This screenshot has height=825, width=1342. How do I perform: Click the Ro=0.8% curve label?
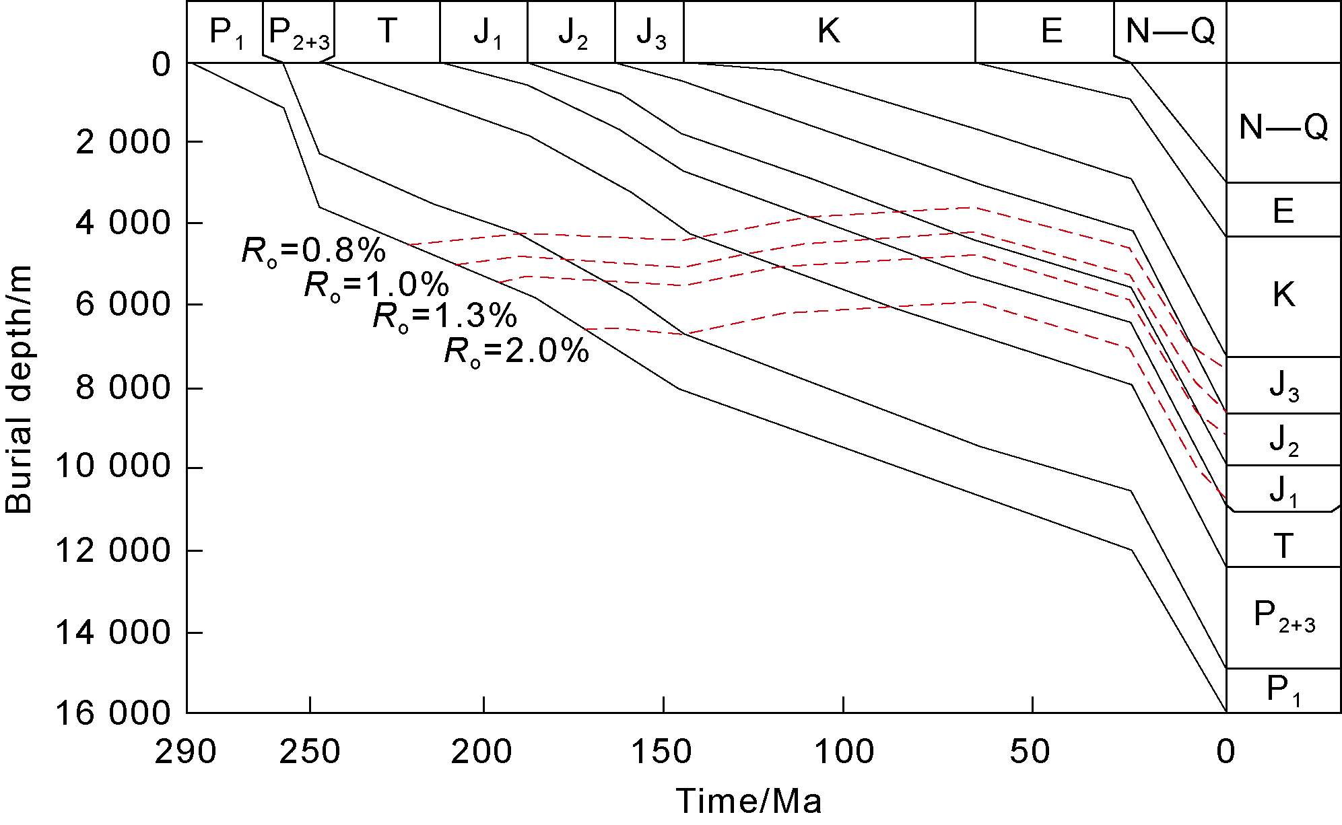[x=314, y=252]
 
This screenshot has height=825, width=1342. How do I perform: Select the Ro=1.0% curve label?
[x=376, y=285]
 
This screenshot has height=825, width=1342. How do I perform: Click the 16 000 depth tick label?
[x=112, y=714]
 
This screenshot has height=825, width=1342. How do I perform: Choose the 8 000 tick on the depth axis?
[x=123, y=388]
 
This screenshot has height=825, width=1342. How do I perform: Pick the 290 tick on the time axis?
[x=185, y=752]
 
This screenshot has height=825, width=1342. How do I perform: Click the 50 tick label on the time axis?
[x=1030, y=752]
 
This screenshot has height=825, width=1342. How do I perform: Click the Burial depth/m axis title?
[x=19, y=390]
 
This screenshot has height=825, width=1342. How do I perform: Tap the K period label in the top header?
[x=828, y=31]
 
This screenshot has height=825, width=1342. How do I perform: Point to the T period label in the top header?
[x=387, y=31]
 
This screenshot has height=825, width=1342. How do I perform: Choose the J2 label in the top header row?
[x=572, y=32]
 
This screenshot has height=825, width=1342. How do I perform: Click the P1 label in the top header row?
[x=226, y=32]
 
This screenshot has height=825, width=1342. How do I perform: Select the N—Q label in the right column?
[x=1283, y=127]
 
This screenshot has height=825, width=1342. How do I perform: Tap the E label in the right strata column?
[x=1283, y=211]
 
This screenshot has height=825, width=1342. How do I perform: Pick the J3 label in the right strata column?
[x=1283, y=386]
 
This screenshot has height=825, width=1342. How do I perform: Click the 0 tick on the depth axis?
[x=162, y=65]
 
